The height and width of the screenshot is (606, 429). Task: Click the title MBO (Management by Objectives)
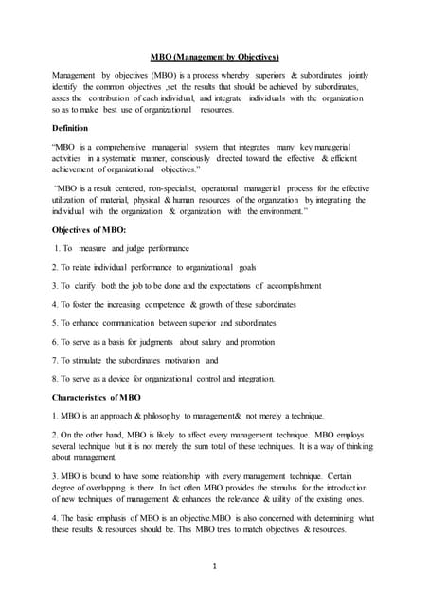pos(215,56)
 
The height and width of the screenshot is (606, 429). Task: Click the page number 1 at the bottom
pos(215,565)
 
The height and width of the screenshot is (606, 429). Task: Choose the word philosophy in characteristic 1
pos(168,416)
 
